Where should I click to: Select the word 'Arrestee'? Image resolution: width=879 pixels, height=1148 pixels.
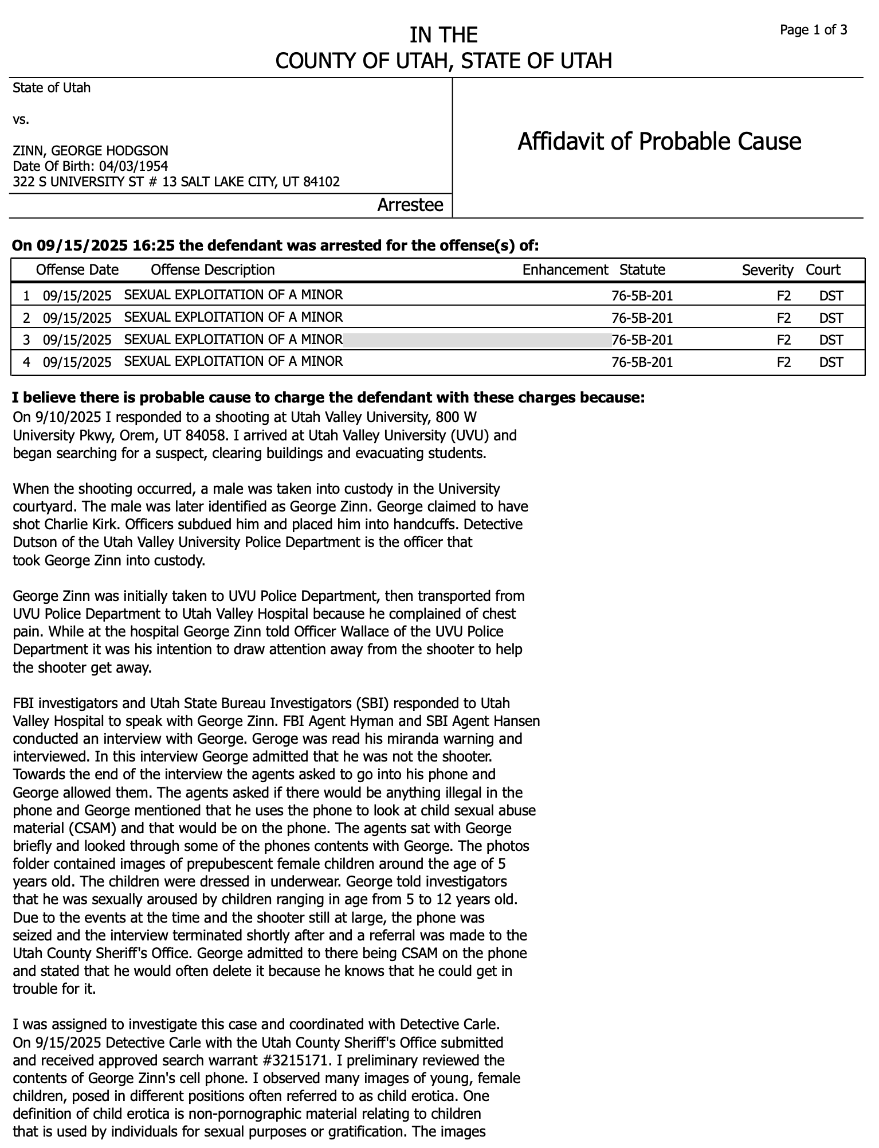click(x=410, y=205)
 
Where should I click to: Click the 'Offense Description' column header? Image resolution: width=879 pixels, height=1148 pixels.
click(x=213, y=270)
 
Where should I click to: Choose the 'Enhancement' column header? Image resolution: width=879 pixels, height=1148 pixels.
click(x=565, y=270)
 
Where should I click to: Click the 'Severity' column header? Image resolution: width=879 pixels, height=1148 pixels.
click(x=767, y=270)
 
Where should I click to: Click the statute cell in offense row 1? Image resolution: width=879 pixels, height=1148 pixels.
click(x=642, y=296)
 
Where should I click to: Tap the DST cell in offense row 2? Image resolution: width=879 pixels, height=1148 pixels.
click(x=831, y=318)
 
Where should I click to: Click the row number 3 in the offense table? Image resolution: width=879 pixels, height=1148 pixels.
click(x=26, y=340)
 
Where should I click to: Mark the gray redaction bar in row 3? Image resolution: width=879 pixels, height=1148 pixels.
click(x=477, y=340)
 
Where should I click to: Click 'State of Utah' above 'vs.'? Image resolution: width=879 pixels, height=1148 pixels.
click(x=52, y=88)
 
